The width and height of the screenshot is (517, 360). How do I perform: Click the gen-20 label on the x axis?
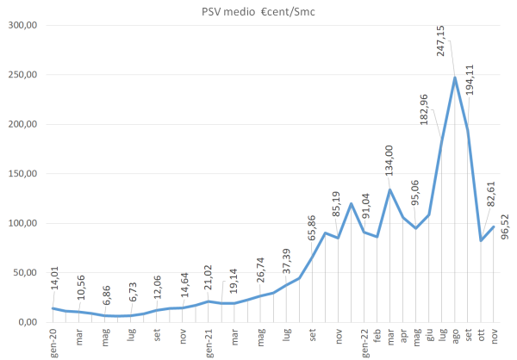(x=53, y=343)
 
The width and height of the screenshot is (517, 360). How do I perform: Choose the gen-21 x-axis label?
(x=209, y=343)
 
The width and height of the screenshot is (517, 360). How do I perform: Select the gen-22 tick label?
(x=364, y=343)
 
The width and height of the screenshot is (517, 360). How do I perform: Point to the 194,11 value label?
(x=470, y=81)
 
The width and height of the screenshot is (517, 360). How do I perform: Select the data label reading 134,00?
(x=389, y=163)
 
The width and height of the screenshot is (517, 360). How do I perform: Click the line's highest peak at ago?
(x=455, y=78)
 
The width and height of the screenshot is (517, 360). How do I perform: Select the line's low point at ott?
(x=481, y=240)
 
